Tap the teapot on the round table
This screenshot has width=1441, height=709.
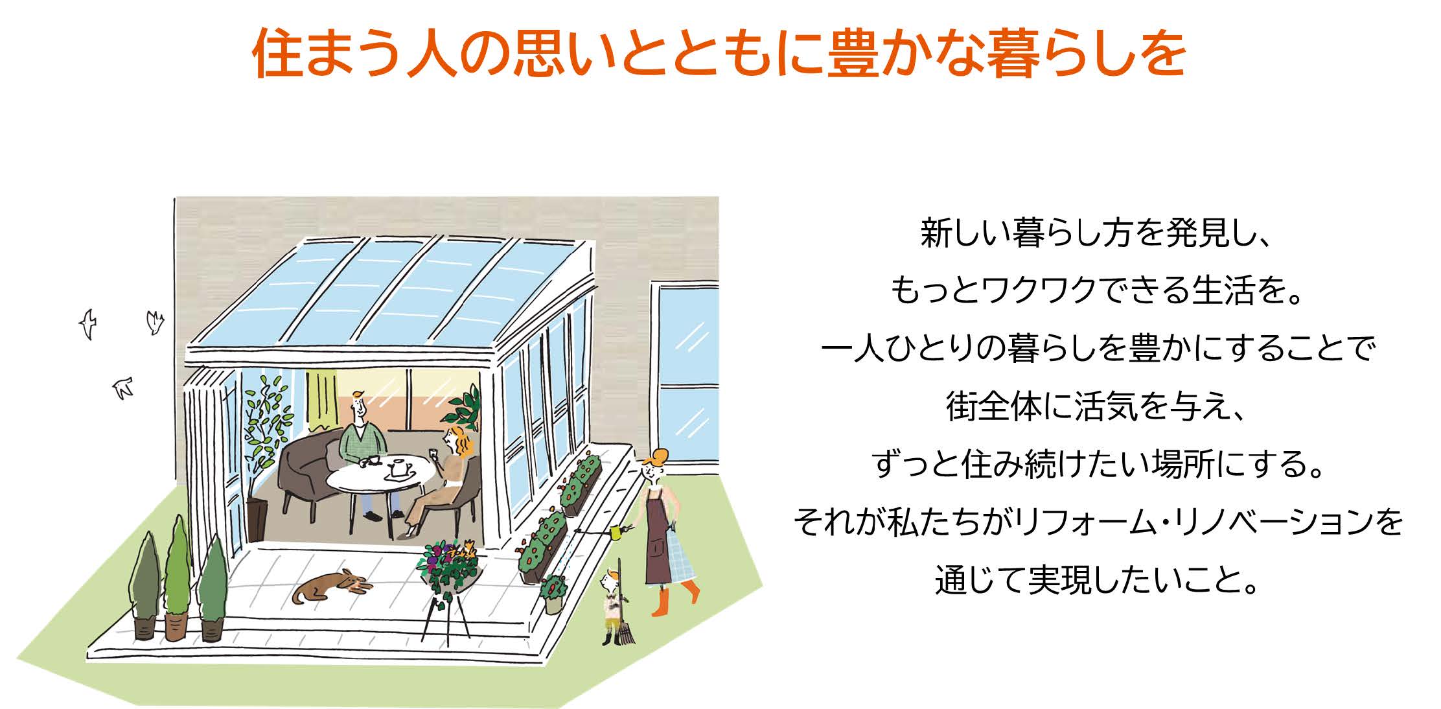[399, 467]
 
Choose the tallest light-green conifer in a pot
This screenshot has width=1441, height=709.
[177, 577]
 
